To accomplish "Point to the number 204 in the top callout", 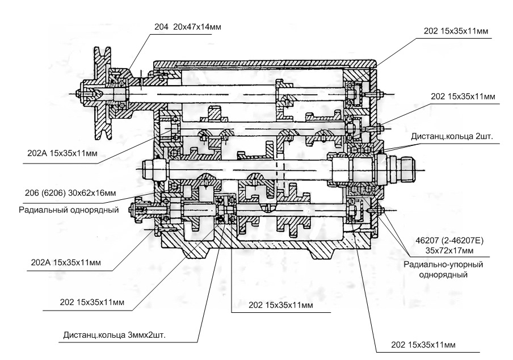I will [x=161, y=27].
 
